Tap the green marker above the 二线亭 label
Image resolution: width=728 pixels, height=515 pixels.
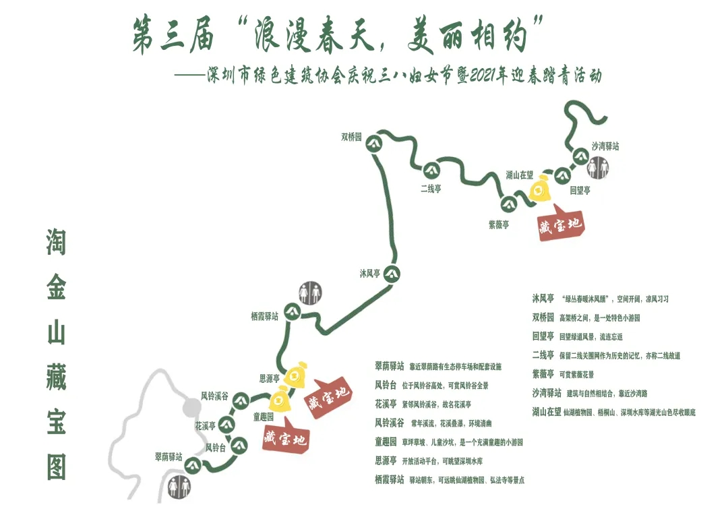pyautogui.click(x=431, y=169)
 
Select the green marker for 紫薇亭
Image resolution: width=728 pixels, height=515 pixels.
pyautogui.click(x=508, y=204)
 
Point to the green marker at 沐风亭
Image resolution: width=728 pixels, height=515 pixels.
pyautogui.click(x=392, y=274)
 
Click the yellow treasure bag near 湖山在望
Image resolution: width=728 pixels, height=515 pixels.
pyautogui.click(x=539, y=189)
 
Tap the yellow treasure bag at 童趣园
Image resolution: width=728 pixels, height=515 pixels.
pyautogui.click(x=280, y=400)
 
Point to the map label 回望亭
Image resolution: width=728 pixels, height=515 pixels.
pyautogui.click(x=580, y=191)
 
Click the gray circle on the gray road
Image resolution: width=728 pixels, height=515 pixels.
pyautogui.click(x=192, y=407)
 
